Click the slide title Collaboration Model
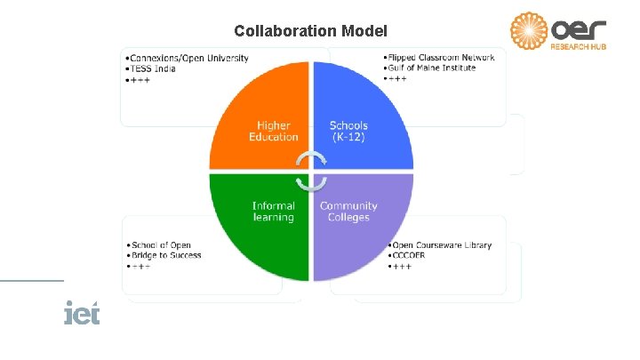(310, 31)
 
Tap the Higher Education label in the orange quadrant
(274, 132)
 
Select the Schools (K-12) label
(348, 132)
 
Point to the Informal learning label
(274, 212)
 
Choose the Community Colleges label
(348, 212)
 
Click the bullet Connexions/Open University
(188, 59)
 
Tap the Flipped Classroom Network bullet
(441, 57)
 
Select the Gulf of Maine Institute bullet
(432, 68)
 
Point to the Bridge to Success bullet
(167, 255)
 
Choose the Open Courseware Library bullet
(442, 245)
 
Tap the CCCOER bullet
(410, 255)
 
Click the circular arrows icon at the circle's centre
(311, 171)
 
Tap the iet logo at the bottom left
(82, 313)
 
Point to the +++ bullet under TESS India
(138, 78)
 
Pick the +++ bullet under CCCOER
(401, 266)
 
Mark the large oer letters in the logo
(580, 28)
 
